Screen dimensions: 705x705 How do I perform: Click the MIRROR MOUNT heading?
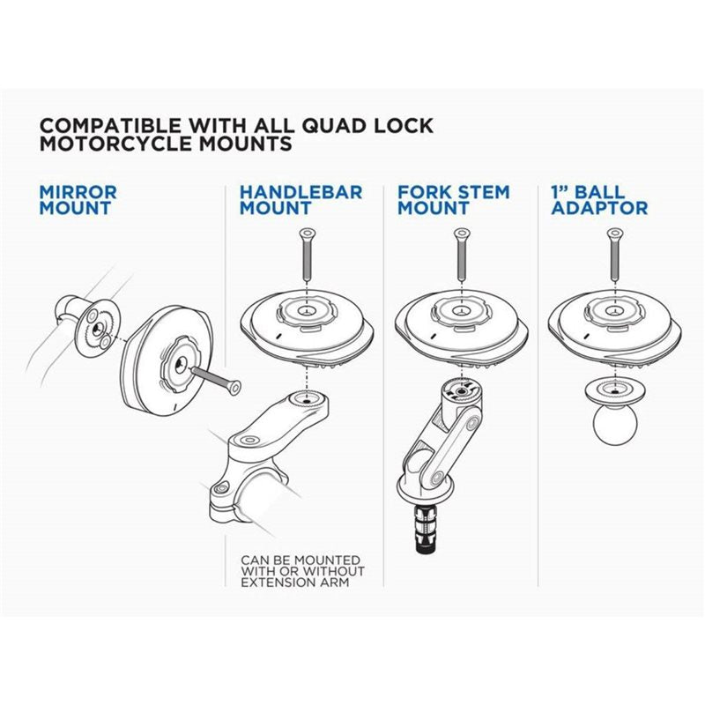point(78,200)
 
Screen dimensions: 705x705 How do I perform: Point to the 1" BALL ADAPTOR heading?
point(598,200)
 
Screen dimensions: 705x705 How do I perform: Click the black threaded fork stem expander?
point(429,530)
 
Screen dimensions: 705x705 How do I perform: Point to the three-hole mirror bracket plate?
point(95,328)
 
